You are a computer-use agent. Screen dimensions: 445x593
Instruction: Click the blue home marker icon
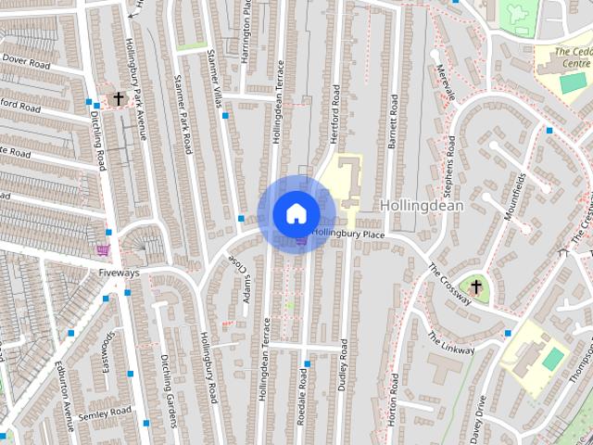click(296, 212)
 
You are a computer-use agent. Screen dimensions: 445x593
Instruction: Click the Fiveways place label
click(119, 273)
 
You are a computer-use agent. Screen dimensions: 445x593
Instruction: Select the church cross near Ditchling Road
click(119, 97)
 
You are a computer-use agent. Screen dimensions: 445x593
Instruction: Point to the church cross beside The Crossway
click(476, 286)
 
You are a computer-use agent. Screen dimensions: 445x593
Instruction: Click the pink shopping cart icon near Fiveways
click(103, 249)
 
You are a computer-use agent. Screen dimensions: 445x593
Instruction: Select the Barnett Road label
click(393, 120)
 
